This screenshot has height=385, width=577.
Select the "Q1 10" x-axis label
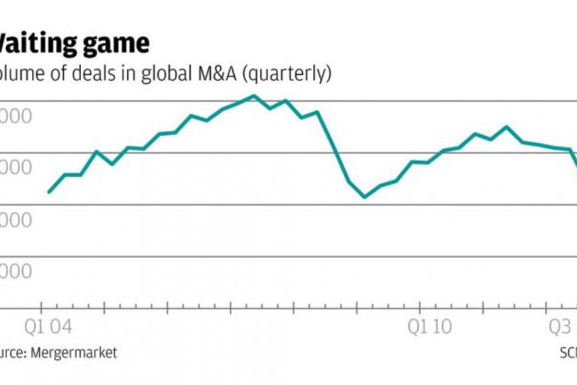430,328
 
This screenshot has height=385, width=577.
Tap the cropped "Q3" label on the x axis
561,328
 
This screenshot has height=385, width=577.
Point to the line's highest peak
254,96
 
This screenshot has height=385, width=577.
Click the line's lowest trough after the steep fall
364,197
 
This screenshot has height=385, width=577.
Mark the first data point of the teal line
49,192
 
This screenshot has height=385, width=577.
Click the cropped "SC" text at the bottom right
567,353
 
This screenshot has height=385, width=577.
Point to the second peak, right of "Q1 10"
506,126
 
